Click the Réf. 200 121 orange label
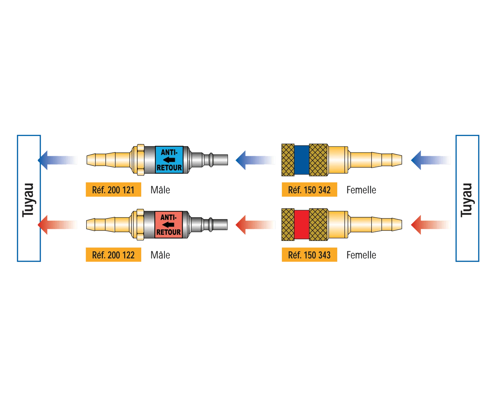113,190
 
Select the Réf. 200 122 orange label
113,255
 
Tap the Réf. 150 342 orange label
309,190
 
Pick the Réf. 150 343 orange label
309,255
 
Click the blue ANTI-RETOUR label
169,160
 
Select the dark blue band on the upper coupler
301,160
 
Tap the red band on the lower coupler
301,225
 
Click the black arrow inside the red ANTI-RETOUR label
168,225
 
